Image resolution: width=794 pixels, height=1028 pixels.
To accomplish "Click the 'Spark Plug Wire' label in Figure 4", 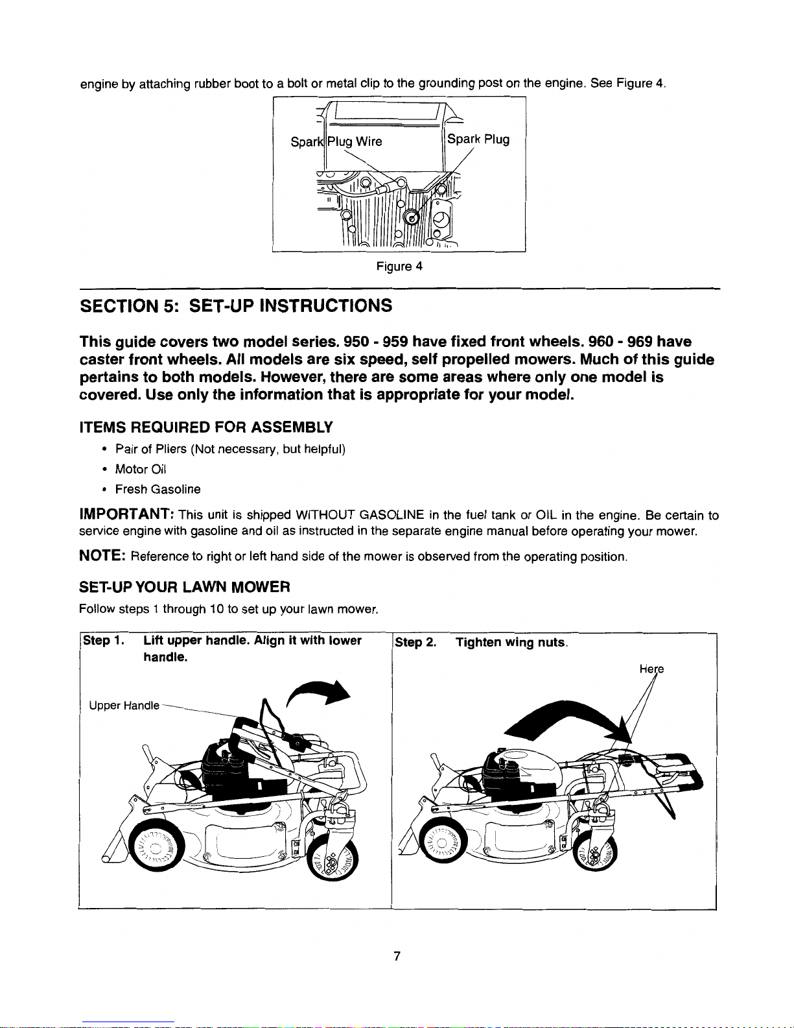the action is point(336,142).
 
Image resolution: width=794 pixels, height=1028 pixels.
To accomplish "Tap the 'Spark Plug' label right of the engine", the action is point(478,139).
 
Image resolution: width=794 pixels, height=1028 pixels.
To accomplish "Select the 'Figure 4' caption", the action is point(399,267).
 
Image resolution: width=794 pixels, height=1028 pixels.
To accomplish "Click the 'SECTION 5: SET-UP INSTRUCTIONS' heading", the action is point(236,305).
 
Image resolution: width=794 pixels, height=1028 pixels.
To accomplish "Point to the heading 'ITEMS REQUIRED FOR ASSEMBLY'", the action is point(206,427).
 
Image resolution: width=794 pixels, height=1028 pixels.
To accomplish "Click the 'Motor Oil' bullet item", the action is point(141,470).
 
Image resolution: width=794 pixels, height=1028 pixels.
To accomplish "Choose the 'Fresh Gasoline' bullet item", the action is point(158,489).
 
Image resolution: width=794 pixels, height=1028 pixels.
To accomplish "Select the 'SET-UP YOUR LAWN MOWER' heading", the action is point(184,587).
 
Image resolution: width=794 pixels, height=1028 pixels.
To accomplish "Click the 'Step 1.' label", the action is point(104,641).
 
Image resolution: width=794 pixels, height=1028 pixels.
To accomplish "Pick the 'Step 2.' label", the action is point(415,643).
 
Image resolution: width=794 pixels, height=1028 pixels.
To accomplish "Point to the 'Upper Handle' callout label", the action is point(124,706).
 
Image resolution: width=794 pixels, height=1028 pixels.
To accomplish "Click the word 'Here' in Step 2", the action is point(652,669).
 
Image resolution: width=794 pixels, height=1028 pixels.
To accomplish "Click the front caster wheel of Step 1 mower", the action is point(333,858).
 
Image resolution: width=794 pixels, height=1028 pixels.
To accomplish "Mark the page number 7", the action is point(397,956).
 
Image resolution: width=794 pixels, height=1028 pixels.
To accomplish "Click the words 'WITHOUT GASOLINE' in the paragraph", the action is point(360,515).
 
